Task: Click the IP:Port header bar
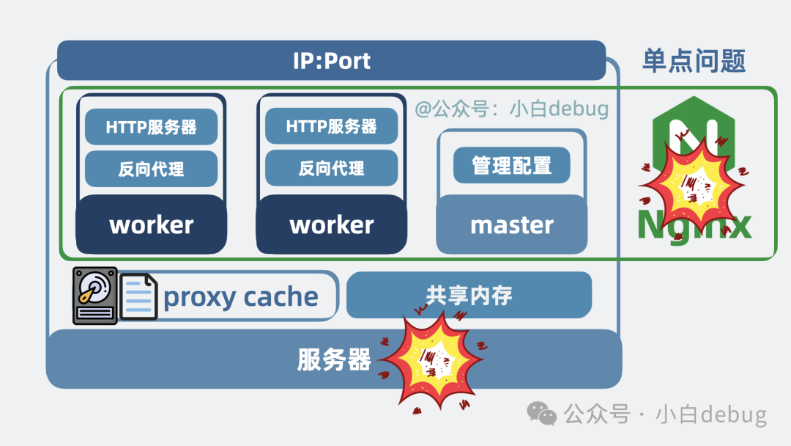click(331, 60)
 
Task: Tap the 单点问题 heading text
click(694, 61)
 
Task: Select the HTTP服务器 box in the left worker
click(151, 127)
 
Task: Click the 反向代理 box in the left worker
click(151, 169)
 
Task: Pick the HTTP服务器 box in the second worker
click(331, 127)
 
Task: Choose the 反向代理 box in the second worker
click(331, 169)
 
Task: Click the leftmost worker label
click(151, 224)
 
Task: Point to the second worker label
click(331, 224)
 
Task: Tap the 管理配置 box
click(511, 165)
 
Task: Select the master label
click(511, 224)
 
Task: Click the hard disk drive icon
click(94, 296)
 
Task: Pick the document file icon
click(138, 296)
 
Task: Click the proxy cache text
click(241, 297)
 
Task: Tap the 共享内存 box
click(469, 295)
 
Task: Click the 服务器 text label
click(333, 360)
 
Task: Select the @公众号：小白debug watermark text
click(511, 109)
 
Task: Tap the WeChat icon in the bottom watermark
click(543, 414)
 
